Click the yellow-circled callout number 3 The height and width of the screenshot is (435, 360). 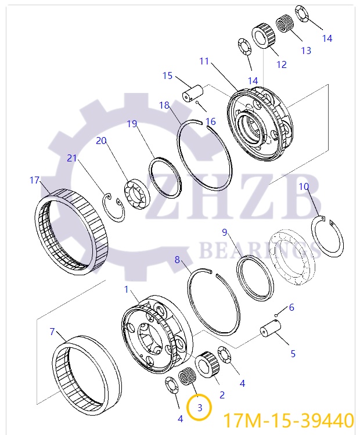pyautogui.click(x=200, y=408)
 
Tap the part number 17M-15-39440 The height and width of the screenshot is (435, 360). pyautogui.click(x=289, y=420)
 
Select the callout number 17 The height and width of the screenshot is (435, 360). pyautogui.click(x=35, y=180)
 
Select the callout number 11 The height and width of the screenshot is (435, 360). pyautogui.click(x=204, y=61)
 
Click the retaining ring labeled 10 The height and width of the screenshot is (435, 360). pyautogui.click(x=327, y=236)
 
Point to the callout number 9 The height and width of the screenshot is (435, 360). pyautogui.click(x=224, y=232)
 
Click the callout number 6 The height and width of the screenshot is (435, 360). pyautogui.click(x=291, y=307)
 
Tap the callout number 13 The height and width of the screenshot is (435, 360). pyautogui.click(x=306, y=51)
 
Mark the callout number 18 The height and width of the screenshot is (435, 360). pyautogui.click(x=164, y=105)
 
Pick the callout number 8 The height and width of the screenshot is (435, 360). pyautogui.click(x=178, y=260)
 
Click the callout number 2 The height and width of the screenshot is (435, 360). pyautogui.click(x=221, y=395)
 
